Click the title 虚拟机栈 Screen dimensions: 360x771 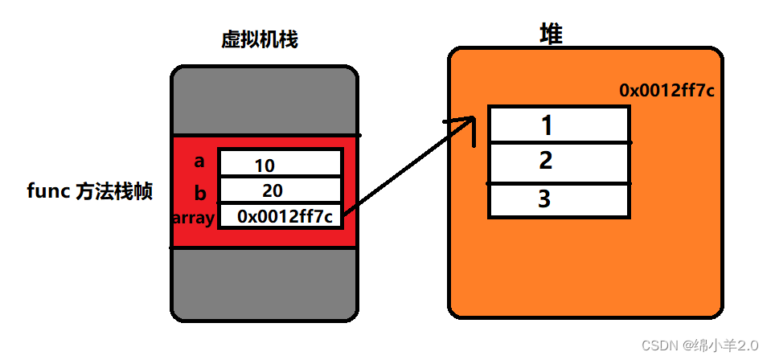click(x=260, y=40)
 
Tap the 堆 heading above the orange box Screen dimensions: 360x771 click(x=551, y=33)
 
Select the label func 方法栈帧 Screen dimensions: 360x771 click(x=89, y=193)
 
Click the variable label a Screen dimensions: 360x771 click(x=199, y=161)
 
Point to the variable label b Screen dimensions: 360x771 click(x=199, y=192)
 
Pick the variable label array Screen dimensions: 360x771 click(x=193, y=218)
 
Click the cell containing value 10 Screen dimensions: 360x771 click(x=280, y=165)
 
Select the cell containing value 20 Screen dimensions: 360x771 click(x=280, y=190)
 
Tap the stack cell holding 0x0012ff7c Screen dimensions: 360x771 click(x=280, y=215)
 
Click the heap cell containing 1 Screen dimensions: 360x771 click(x=558, y=125)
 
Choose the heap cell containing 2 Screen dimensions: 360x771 click(x=558, y=161)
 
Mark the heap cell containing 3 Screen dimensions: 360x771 click(x=558, y=198)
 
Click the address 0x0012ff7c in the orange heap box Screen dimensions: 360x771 click(x=666, y=91)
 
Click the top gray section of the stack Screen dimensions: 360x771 click(x=264, y=101)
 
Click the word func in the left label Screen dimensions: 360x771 click(x=48, y=193)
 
